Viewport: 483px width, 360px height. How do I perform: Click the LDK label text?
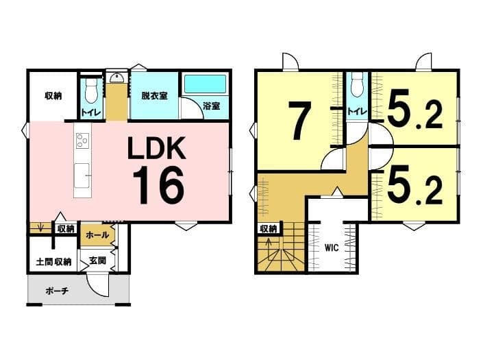click(157, 148)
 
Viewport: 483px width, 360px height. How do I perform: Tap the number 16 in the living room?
click(158, 185)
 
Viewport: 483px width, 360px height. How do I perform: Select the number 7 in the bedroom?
click(299, 121)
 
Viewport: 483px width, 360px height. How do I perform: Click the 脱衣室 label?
click(154, 96)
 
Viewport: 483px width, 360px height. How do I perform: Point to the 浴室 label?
click(212, 106)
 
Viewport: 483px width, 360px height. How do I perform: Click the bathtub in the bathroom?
click(205, 84)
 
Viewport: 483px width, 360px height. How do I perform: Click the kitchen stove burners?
click(82, 141)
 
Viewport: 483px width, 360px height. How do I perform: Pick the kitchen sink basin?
click(82, 175)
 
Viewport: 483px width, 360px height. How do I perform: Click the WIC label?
click(332, 248)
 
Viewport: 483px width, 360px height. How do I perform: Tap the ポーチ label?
click(57, 291)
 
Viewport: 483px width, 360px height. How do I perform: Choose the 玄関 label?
click(98, 261)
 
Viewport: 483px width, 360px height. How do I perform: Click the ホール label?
click(97, 235)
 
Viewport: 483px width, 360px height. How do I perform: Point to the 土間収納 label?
click(53, 262)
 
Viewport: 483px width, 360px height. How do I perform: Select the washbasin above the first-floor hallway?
click(116, 77)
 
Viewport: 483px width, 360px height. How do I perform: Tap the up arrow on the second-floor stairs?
click(269, 248)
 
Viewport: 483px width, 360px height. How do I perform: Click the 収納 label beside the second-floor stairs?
click(269, 229)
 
